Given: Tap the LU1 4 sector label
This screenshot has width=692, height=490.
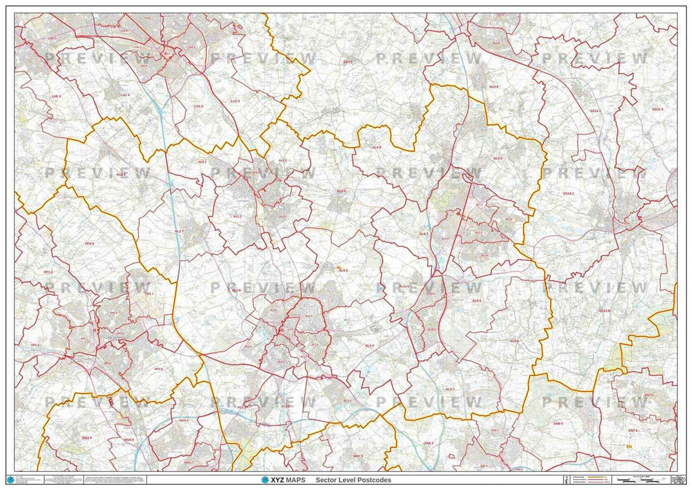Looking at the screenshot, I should pos(125,95).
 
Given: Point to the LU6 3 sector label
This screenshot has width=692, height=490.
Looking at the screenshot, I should pos(56,97).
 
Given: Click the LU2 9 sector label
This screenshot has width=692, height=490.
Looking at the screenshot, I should pos(234,101).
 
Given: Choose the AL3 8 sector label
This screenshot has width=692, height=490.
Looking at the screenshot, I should pos(121,174).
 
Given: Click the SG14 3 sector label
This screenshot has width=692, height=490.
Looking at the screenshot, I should pos(595,110).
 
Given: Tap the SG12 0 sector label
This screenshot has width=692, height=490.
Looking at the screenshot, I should pos(658,109).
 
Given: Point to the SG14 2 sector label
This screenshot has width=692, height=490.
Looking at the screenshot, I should pos(568,193).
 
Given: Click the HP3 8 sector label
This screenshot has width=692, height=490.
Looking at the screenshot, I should pos(158,369).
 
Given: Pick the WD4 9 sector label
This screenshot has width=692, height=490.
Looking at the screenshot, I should pos(86,438).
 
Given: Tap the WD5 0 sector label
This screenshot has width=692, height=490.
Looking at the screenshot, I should pos(184,420).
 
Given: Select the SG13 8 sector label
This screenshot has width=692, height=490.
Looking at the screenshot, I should pos(604,311).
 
